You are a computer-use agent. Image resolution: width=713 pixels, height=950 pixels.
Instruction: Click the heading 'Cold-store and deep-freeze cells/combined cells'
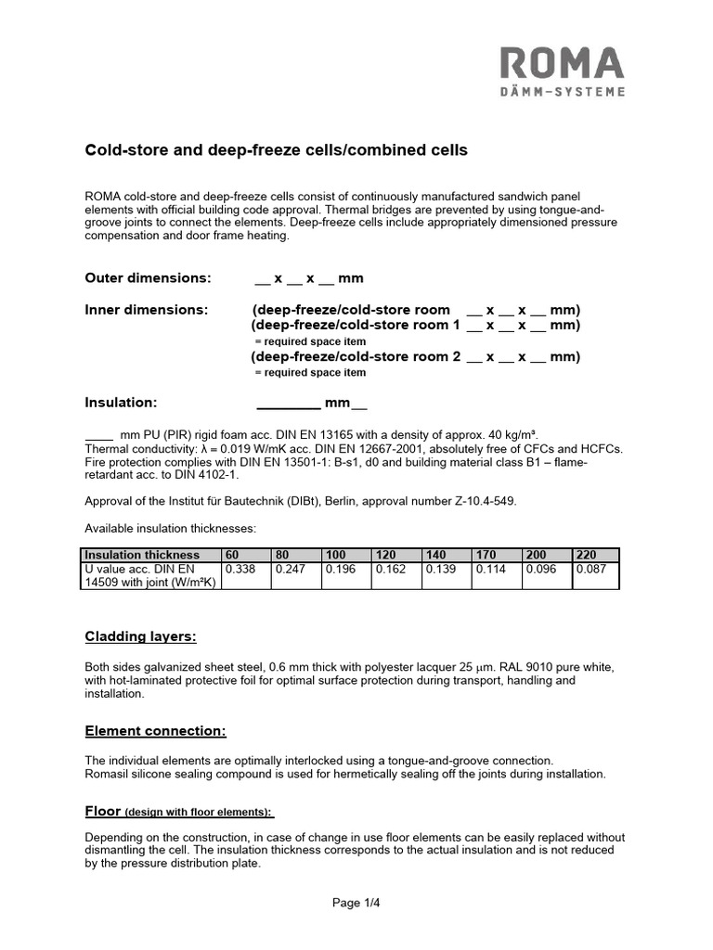pos(277,149)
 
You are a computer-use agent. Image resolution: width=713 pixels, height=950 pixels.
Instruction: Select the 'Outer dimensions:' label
pos(148,278)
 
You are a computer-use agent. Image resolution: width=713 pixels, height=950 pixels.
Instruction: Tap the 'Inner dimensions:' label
pos(146,309)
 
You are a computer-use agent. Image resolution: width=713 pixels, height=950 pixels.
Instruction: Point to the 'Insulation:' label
pos(122,403)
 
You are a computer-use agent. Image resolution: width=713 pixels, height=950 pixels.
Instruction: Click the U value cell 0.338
pos(240,570)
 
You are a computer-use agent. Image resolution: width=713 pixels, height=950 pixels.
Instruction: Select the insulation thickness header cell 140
pos(435,555)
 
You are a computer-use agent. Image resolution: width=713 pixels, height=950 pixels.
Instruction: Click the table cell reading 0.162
pos(390,570)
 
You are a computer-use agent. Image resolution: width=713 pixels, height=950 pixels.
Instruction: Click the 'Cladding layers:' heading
pos(140,636)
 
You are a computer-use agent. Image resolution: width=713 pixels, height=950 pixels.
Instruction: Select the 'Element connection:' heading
pos(155,731)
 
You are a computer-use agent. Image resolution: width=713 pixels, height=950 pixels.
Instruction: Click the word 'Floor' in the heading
pos(103,811)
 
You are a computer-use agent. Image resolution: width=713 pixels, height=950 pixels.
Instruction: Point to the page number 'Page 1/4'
pos(356,902)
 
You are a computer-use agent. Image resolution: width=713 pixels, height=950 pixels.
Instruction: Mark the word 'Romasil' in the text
pos(107,774)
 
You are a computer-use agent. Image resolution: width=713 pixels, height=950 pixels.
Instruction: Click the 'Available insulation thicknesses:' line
pos(170,528)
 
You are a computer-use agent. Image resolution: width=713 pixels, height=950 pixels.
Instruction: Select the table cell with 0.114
pos(490,570)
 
